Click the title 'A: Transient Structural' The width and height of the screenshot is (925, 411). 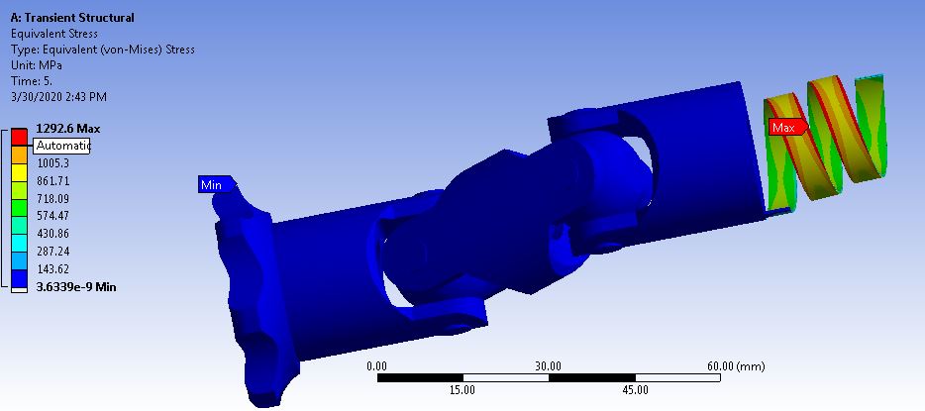point(72,18)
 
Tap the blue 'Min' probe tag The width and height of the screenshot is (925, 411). point(213,184)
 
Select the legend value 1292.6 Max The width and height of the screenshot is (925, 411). point(67,129)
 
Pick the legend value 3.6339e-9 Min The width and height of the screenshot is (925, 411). point(75,287)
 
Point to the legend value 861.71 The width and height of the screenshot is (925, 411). point(55,181)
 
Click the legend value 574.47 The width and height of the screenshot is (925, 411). point(55,216)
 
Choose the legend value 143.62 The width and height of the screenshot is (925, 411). point(55,269)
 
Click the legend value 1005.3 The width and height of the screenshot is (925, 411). point(55,163)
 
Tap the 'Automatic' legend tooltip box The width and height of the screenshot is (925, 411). point(62,146)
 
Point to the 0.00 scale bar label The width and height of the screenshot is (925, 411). point(377,365)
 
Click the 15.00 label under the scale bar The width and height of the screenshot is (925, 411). point(462,389)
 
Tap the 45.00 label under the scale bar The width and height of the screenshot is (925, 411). point(634,389)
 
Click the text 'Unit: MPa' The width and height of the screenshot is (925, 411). point(36,65)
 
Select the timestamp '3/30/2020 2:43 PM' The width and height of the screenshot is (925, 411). point(58,97)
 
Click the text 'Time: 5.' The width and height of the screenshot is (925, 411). point(33,81)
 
